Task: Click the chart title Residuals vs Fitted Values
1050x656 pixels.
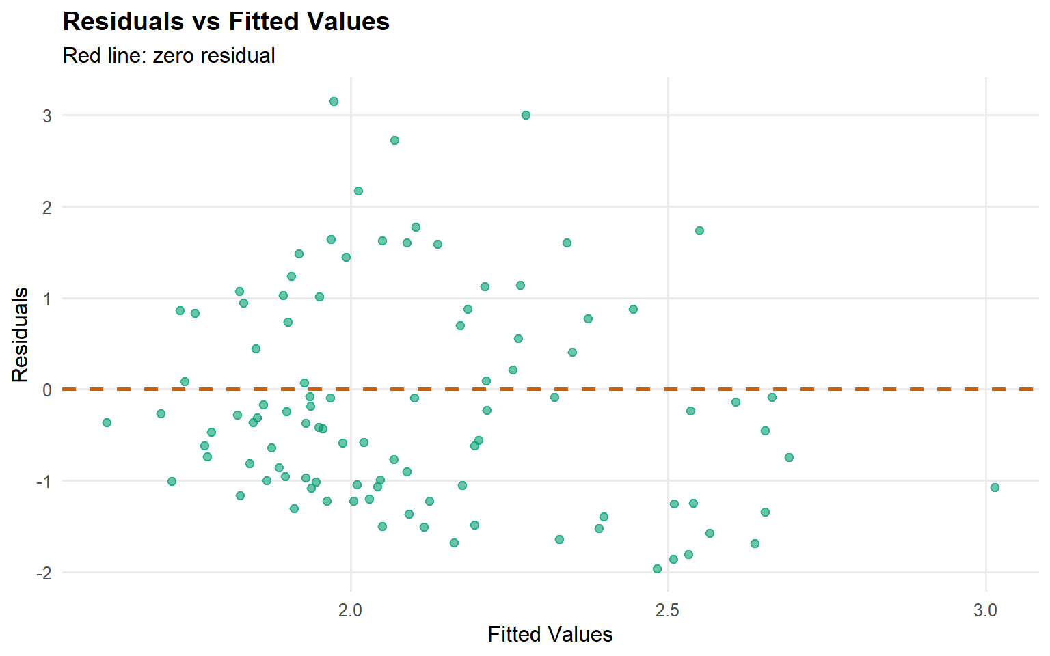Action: coord(226,22)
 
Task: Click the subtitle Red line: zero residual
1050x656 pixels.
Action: coord(168,55)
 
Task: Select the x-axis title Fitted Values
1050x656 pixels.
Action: coord(550,634)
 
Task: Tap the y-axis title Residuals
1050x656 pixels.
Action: coord(21,335)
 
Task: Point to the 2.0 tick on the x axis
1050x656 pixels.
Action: coord(350,610)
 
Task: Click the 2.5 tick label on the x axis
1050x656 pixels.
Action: coord(667,610)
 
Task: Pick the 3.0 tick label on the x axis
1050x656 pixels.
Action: coord(985,610)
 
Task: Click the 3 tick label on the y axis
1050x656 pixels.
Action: coord(46,116)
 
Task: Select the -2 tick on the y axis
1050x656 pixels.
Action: coord(44,573)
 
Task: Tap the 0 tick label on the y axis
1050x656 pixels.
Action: coord(46,390)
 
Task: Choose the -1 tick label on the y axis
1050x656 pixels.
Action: coord(44,482)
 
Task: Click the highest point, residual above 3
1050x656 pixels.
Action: coord(334,101)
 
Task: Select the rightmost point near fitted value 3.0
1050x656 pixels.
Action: coord(995,487)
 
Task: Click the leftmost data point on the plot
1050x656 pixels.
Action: coord(107,422)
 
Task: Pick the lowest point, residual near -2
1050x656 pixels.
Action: coord(657,569)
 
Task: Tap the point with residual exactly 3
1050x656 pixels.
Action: coord(526,115)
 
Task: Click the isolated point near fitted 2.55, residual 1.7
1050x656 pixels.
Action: coord(699,230)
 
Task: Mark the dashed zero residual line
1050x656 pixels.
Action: coord(820,389)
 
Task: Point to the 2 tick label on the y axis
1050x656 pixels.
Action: coord(46,208)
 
